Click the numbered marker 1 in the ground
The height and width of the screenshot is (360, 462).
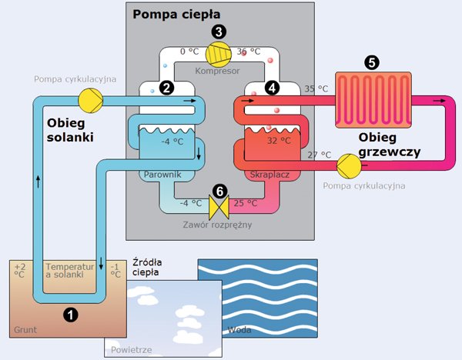(70, 314)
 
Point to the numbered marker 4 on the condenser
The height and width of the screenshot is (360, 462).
(271, 88)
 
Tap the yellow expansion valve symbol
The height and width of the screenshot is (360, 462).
(219, 205)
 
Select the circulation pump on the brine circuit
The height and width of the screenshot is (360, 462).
(89, 100)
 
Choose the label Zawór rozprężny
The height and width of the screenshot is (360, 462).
(219, 225)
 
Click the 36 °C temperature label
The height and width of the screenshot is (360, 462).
(249, 52)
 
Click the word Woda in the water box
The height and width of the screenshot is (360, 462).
(241, 331)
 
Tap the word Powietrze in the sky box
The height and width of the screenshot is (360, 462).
(133, 350)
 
